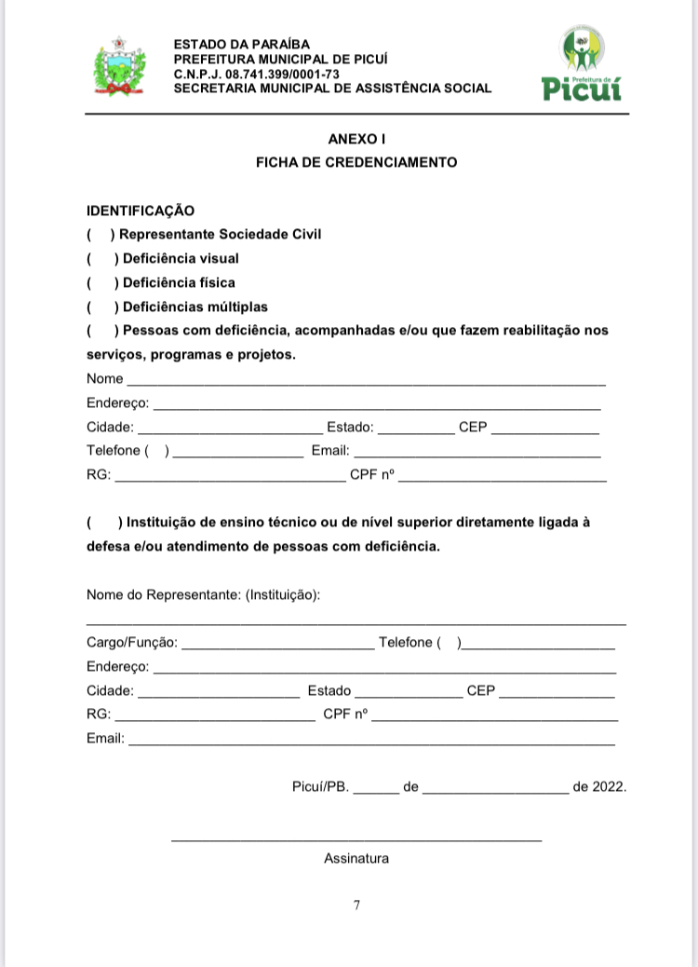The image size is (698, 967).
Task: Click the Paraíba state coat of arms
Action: [117, 67]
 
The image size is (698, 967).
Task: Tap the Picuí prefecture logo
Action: [582, 63]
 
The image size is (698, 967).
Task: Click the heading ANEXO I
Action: [356, 139]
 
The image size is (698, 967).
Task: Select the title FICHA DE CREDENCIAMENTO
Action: [356, 162]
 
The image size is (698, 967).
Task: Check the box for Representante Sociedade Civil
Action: [99, 235]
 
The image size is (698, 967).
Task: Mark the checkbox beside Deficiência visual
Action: [101, 258]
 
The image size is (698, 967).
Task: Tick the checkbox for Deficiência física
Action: [101, 282]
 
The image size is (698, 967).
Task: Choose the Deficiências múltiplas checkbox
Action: [101, 306]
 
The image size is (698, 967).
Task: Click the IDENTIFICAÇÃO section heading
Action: [141, 211]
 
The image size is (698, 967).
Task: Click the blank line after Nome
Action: [367, 381]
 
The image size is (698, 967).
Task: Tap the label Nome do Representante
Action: [203, 595]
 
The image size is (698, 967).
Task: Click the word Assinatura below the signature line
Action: [356, 858]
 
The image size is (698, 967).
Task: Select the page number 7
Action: [356, 905]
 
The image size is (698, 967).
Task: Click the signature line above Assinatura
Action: [356, 841]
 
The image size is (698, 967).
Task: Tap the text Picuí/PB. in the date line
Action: [320, 786]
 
